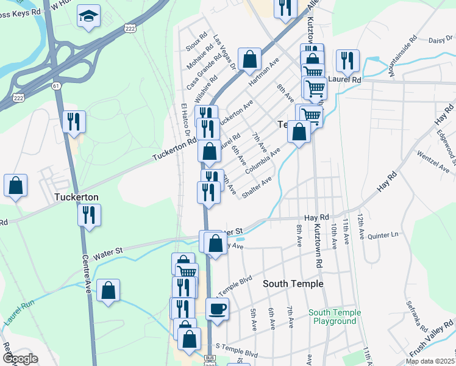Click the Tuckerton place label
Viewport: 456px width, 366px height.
click(76, 198)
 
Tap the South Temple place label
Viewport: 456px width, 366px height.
click(293, 284)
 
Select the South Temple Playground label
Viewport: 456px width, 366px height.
click(335, 317)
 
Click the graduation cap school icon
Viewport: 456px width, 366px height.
click(88, 16)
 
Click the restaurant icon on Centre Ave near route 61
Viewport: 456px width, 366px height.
click(74, 121)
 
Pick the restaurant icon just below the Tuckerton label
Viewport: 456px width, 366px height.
click(90, 215)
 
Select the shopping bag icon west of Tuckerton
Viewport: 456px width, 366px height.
click(16, 185)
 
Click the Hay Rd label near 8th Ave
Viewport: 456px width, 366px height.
click(316, 217)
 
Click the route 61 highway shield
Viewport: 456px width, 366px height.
click(56, 86)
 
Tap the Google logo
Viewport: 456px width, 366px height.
click(20, 358)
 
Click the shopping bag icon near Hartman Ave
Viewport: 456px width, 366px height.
click(249, 60)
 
